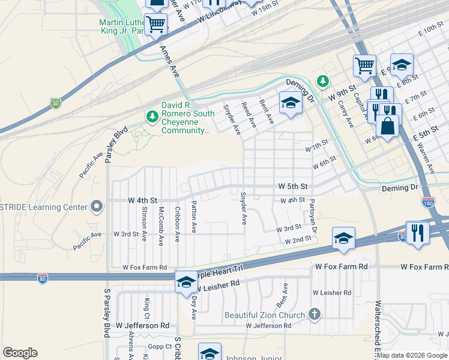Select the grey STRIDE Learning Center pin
tap(96, 208)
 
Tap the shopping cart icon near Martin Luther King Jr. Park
tap(155, 25)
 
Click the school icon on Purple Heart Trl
tap(186, 281)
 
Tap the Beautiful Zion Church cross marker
tap(313, 314)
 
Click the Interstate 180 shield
tap(428, 203)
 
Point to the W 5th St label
tap(292, 187)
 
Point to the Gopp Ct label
tap(160, 347)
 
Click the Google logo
tap(20, 353)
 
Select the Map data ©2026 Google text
tap(412, 355)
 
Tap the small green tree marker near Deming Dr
tap(323, 80)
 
